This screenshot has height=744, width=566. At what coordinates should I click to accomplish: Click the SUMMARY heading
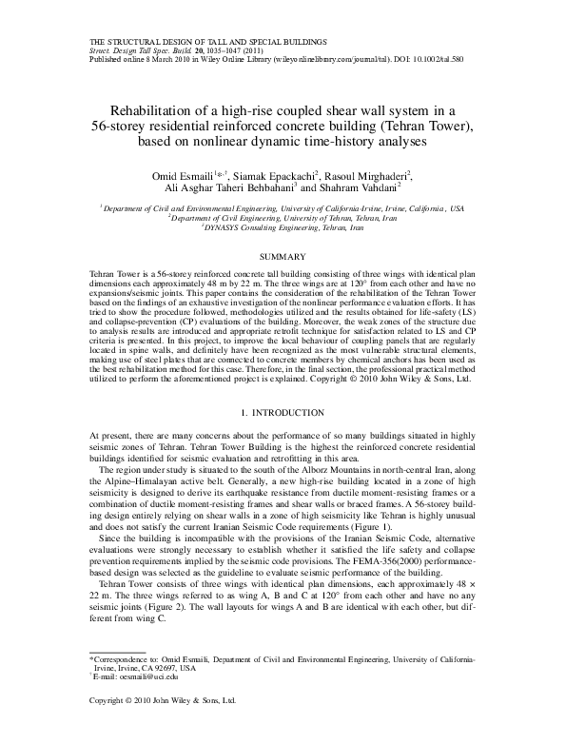coord(283,258)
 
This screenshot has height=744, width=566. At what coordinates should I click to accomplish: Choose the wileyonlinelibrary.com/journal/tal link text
coord(322,59)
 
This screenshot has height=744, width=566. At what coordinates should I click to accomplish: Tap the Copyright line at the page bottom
coord(161,728)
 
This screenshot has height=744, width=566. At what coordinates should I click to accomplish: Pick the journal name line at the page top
coord(206,42)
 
